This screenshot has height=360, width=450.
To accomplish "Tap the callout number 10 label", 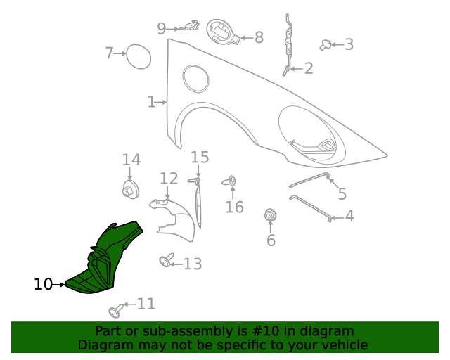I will (x=43, y=284).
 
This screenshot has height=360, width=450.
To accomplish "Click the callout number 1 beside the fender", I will (x=151, y=102).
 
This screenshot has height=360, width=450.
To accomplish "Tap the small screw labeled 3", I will (x=326, y=45).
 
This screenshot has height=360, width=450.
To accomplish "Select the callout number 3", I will (x=349, y=45).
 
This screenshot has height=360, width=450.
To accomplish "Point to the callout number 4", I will (x=349, y=217).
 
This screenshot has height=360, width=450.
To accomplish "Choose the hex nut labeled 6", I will (x=269, y=214).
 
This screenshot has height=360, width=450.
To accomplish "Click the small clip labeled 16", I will (x=231, y=182).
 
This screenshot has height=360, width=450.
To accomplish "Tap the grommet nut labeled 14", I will (x=129, y=190).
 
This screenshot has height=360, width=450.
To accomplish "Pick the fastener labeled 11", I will (x=115, y=310).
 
